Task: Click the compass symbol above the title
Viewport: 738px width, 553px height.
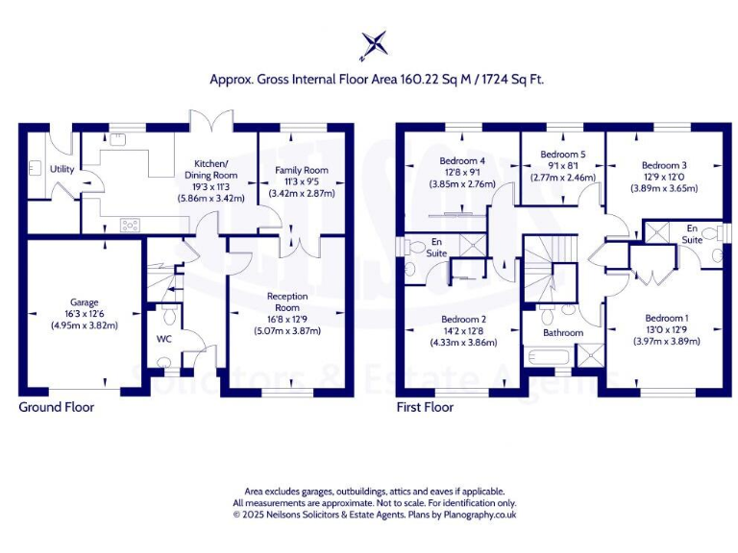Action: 375,44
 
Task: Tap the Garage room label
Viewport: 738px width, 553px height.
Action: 84,301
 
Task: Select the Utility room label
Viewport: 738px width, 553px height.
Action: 62,170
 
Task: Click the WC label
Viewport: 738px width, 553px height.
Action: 163,339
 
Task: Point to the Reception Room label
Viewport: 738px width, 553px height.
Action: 288,301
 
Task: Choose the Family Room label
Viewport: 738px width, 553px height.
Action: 296,169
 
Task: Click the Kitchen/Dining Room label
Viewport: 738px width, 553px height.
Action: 210,170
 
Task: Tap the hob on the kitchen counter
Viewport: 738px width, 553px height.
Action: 128,225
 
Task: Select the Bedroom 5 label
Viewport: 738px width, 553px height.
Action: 562,154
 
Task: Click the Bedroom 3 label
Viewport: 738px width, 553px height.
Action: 664,165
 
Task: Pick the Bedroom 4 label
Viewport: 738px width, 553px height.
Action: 461,159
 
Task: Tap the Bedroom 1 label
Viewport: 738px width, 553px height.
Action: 666,318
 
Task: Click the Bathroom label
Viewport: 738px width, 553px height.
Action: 562,332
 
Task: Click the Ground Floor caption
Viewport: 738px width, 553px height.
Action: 57,407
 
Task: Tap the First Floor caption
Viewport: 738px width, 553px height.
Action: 425,407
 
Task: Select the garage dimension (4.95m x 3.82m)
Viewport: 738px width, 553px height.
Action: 84,325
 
